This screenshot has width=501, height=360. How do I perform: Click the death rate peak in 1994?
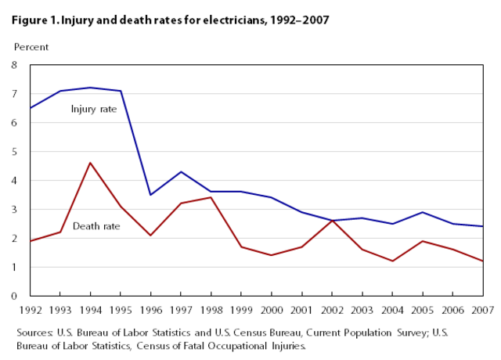(x=90, y=163)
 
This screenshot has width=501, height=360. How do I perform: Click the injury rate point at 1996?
(x=150, y=195)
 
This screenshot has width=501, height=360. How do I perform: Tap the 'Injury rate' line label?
(x=93, y=109)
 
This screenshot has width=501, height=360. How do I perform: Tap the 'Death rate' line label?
(x=96, y=227)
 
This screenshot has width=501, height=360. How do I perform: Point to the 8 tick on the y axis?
(x=14, y=65)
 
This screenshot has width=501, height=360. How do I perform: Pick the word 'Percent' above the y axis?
(x=31, y=47)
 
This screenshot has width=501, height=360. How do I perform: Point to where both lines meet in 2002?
(x=331, y=221)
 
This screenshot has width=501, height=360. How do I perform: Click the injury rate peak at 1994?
(x=90, y=88)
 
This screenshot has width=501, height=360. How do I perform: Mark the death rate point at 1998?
(x=211, y=197)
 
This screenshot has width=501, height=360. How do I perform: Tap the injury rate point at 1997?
(x=181, y=171)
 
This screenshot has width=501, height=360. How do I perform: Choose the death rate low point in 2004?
(x=391, y=261)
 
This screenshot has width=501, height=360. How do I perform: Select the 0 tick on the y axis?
(x=14, y=296)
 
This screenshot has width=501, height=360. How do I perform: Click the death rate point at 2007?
(x=482, y=261)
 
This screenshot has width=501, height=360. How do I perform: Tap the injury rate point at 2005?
(x=422, y=212)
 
